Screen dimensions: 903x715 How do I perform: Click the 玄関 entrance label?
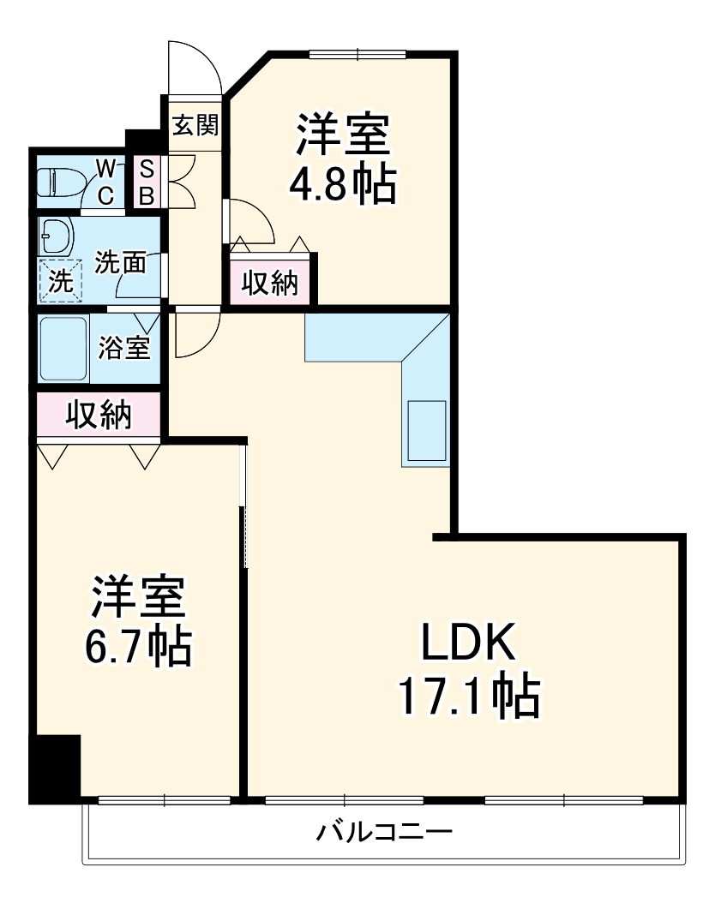195,126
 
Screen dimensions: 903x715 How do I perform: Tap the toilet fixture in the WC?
58,182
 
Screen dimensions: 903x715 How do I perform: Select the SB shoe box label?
146,182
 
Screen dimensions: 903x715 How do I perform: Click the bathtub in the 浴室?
63,350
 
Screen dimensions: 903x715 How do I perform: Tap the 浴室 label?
124,348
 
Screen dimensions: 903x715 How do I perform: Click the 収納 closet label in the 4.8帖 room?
269,282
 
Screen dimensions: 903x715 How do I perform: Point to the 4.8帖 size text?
342,182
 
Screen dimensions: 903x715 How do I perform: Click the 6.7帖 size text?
137,647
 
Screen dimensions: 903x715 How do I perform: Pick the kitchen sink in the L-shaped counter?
425,430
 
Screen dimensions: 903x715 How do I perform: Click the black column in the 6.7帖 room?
54,768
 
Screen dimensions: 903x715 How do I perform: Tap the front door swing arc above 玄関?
195,67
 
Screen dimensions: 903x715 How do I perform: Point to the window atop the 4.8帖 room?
357,54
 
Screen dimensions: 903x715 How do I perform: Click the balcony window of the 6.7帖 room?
164,801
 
